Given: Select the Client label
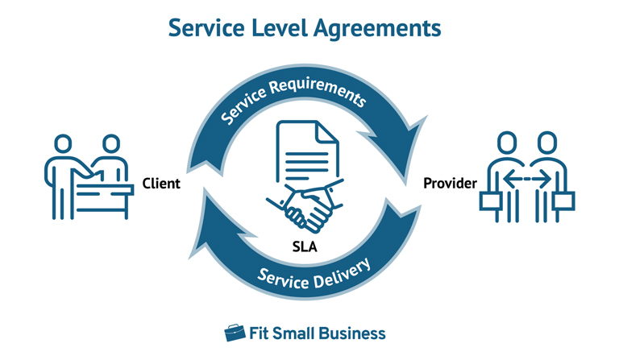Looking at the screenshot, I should coord(160,184).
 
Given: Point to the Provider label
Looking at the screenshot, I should coord(450,184).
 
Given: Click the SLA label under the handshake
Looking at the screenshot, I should coord(307,246).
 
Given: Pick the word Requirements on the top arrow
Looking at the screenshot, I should coord(322,94).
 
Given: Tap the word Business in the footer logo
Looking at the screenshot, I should coord(349,333).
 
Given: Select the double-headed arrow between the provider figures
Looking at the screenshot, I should coord(529,177).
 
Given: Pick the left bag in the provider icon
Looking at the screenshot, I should coord(491,199).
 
